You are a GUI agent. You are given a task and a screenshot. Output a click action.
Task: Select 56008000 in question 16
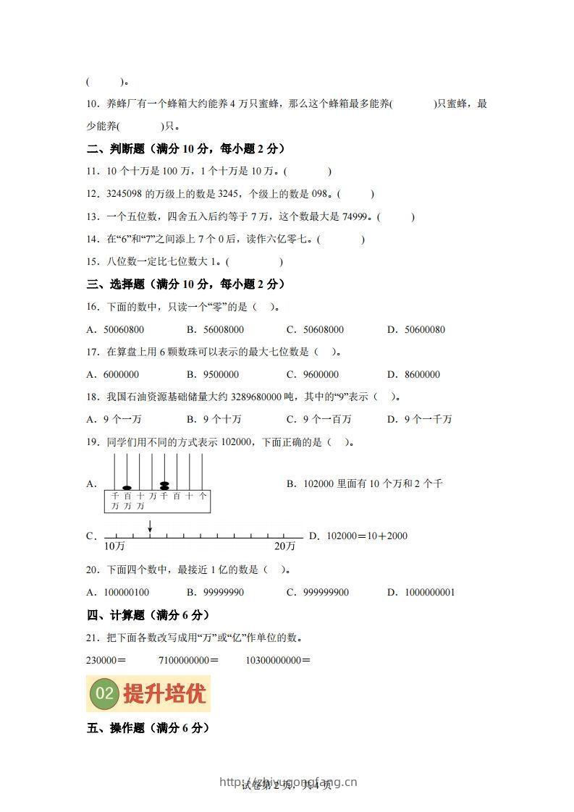[222, 330]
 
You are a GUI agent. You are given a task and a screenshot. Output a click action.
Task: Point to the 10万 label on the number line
[114, 546]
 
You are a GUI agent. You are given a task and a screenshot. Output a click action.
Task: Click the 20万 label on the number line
[284, 546]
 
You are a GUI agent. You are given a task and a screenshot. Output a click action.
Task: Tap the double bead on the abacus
[165, 485]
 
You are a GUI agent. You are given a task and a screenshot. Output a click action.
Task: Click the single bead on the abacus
[127, 487]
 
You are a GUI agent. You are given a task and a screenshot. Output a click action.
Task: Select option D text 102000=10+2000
[367, 536]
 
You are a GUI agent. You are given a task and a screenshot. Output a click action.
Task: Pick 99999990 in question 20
[224, 593]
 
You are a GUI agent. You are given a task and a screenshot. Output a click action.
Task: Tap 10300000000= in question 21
[278, 660]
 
